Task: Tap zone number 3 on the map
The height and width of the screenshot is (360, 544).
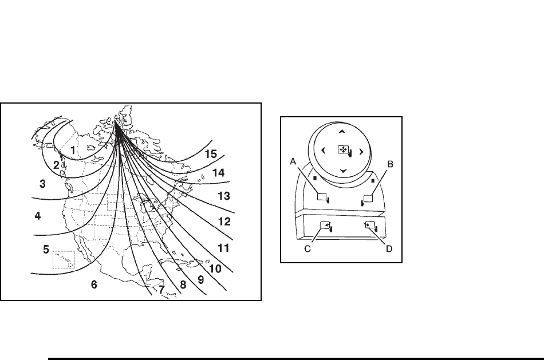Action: [42, 183]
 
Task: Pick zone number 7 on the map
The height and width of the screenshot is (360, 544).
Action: [162, 290]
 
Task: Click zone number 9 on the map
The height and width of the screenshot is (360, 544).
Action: [200, 280]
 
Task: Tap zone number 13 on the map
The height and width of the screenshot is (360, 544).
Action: [224, 196]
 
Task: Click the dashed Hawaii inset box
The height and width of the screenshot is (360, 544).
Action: [64, 260]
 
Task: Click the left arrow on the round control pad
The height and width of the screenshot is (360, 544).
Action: [323, 151]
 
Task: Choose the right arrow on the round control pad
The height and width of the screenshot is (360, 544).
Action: [361, 152]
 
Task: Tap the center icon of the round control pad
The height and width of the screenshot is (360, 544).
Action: [343, 151]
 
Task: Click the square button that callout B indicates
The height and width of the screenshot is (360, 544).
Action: [368, 199]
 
